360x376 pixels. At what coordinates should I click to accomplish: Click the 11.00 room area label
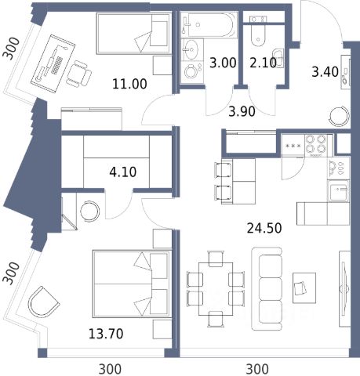(129, 84)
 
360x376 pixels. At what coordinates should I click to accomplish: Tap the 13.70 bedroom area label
(106, 334)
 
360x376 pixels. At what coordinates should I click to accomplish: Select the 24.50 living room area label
(264, 228)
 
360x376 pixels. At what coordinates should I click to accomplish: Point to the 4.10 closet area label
(123, 172)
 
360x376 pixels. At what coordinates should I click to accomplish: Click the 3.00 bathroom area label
(223, 63)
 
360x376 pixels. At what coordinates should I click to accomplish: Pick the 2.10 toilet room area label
(263, 63)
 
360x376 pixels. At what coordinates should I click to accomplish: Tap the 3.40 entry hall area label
(325, 72)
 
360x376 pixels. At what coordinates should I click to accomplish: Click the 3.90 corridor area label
(242, 112)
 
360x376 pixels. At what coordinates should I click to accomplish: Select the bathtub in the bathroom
(209, 25)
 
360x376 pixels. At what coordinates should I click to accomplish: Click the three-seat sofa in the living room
(267, 289)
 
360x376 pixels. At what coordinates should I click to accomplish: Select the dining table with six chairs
(216, 289)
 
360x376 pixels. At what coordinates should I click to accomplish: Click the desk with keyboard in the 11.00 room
(53, 63)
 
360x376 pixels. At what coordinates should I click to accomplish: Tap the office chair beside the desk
(78, 74)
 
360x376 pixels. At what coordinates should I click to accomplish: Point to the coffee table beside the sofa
(304, 287)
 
